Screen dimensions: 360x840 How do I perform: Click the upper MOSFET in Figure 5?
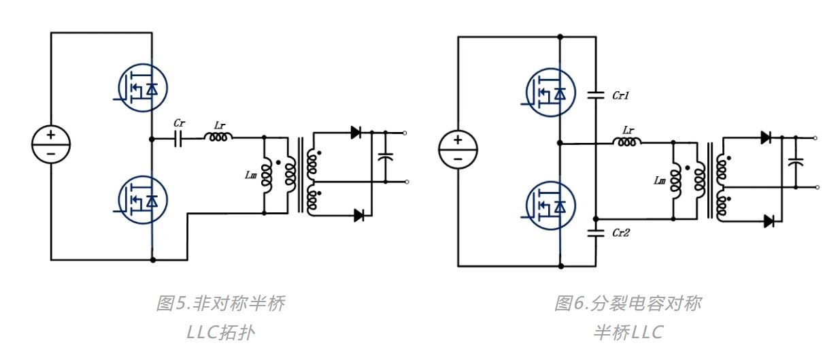click(x=141, y=88)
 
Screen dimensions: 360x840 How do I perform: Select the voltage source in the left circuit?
click(x=51, y=144)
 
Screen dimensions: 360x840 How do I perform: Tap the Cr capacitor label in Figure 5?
click(x=179, y=124)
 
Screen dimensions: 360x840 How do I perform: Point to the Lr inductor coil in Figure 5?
click(x=218, y=137)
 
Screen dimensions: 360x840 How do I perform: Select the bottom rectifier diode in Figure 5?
click(x=358, y=215)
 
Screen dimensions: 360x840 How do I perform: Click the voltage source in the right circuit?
click(x=458, y=149)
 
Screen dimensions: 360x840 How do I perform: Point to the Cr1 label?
click(x=620, y=97)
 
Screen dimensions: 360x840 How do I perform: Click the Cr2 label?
click(x=620, y=233)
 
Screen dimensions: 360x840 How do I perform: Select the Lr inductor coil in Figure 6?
click(x=626, y=142)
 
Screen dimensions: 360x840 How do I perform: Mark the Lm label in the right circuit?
click(x=659, y=181)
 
